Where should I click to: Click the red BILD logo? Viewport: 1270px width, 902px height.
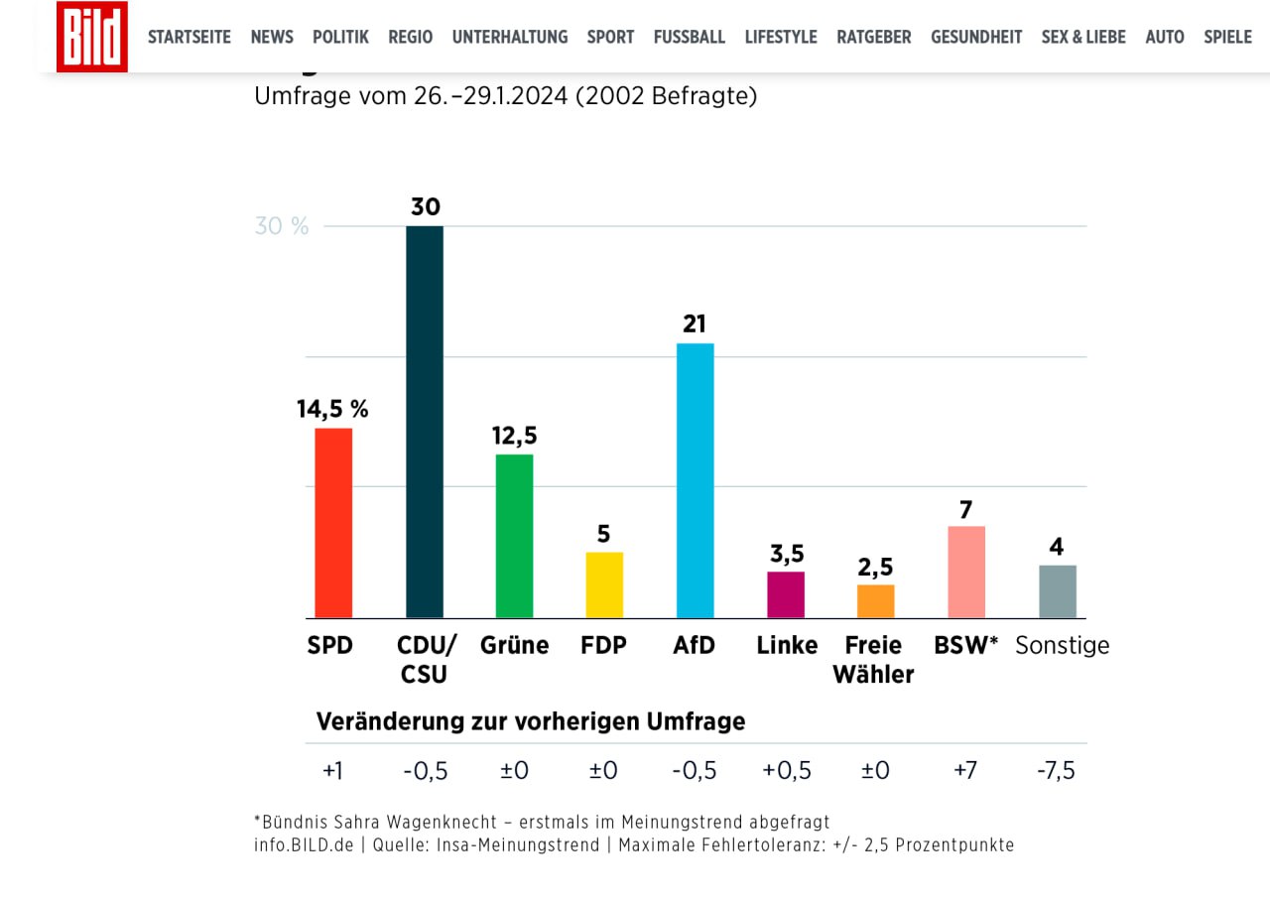[x=91, y=37]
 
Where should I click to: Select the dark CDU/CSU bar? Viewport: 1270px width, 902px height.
[x=425, y=422]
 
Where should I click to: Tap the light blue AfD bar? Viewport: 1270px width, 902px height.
[x=695, y=480]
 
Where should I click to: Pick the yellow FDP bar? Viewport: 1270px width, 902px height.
[x=604, y=584]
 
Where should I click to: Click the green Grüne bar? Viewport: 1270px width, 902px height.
[x=514, y=536]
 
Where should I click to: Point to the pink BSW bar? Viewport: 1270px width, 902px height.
[x=966, y=572]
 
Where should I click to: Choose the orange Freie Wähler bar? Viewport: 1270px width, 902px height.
[x=876, y=601]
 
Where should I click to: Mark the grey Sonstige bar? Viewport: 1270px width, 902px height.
[x=1057, y=591]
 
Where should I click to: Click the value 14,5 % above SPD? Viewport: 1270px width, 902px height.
[x=332, y=409]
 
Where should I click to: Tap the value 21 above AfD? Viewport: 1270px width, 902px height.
[x=696, y=323]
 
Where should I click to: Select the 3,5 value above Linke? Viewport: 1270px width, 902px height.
[x=786, y=554]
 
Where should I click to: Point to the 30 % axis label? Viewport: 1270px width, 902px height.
[x=282, y=226]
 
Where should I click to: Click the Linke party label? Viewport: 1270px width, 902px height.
[x=787, y=646]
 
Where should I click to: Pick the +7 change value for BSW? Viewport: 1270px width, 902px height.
[x=964, y=771]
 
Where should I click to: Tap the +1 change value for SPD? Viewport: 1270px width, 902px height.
[x=331, y=771]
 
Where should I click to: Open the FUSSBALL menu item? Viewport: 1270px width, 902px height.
[x=689, y=37]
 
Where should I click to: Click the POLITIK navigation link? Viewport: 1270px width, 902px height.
[x=340, y=37]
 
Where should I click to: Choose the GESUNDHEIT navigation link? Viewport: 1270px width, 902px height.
[x=975, y=37]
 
